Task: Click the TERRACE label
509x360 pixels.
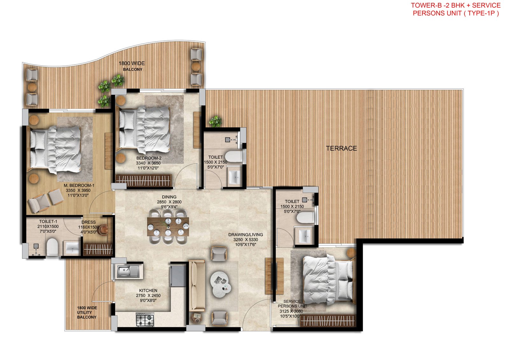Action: [341, 148]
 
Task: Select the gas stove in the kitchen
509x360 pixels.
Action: [145, 319]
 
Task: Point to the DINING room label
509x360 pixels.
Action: [169, 197]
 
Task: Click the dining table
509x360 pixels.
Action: [168, 227]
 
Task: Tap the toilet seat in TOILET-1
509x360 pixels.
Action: [52, 247]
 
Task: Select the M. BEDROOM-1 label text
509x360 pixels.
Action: [79, 186]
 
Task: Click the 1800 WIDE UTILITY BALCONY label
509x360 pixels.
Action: [87, 312]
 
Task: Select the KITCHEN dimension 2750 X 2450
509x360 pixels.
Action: [148, 295]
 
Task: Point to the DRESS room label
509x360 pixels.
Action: [88, 222]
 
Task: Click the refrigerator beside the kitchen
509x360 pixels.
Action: [178, 275]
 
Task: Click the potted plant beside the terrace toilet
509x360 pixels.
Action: [216, 121]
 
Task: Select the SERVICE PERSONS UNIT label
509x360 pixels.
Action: [292, 304]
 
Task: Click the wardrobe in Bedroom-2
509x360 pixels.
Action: [143, 180]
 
